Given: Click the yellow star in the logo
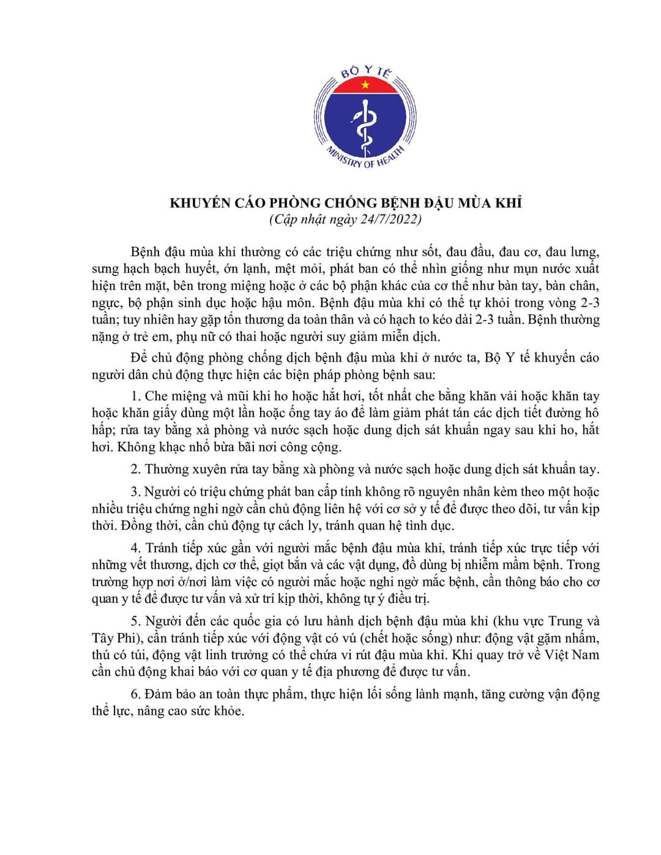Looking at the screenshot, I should (x=365, y=84).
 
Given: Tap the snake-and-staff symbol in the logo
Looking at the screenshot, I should (x=365, y=126).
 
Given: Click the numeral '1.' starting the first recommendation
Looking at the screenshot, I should (x=136, y=397).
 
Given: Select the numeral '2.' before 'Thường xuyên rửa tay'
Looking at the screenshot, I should (x=136, y=469).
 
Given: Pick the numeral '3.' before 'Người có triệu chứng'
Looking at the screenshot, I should (x=136, y=492).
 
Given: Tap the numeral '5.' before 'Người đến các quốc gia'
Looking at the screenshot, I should (x=136, y=622).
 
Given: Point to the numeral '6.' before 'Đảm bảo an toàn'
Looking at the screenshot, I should (x=136, y=695).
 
